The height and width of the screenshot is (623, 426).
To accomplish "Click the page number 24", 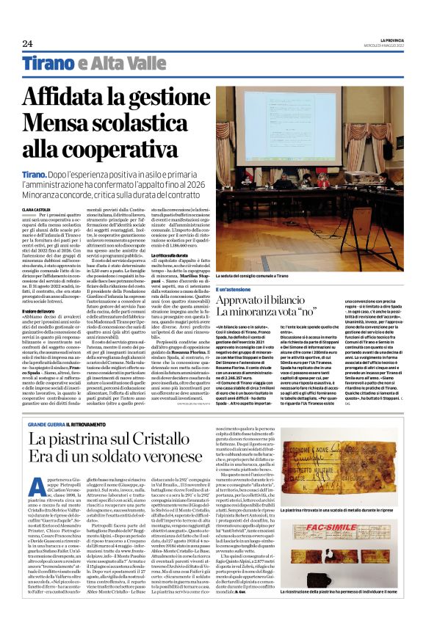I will point(27,43).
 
